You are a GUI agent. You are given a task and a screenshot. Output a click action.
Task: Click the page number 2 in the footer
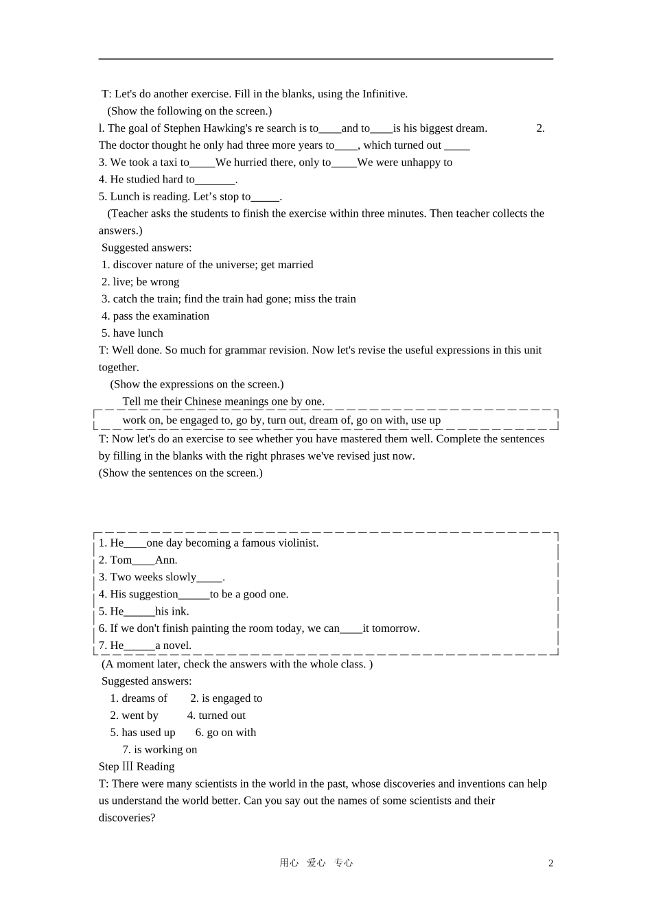point(550,863)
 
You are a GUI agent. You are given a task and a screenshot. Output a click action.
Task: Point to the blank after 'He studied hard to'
point(215,180)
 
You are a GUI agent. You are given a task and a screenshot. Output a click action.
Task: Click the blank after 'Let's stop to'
point(265,197)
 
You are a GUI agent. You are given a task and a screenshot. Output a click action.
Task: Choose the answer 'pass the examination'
point(161,316)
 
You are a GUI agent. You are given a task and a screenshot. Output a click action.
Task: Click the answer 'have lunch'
point(138,333)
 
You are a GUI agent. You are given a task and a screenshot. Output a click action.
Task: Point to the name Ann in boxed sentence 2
point(165,560)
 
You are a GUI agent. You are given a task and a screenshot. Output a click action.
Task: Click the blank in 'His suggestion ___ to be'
point(194,595)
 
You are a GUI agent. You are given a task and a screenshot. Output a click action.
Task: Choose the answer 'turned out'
point(222,716)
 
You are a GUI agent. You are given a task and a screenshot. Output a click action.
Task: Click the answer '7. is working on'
point(160,750)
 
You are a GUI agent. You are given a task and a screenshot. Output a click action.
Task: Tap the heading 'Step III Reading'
point(137,767)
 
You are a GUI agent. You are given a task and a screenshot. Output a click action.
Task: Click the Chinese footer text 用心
point(289,863)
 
